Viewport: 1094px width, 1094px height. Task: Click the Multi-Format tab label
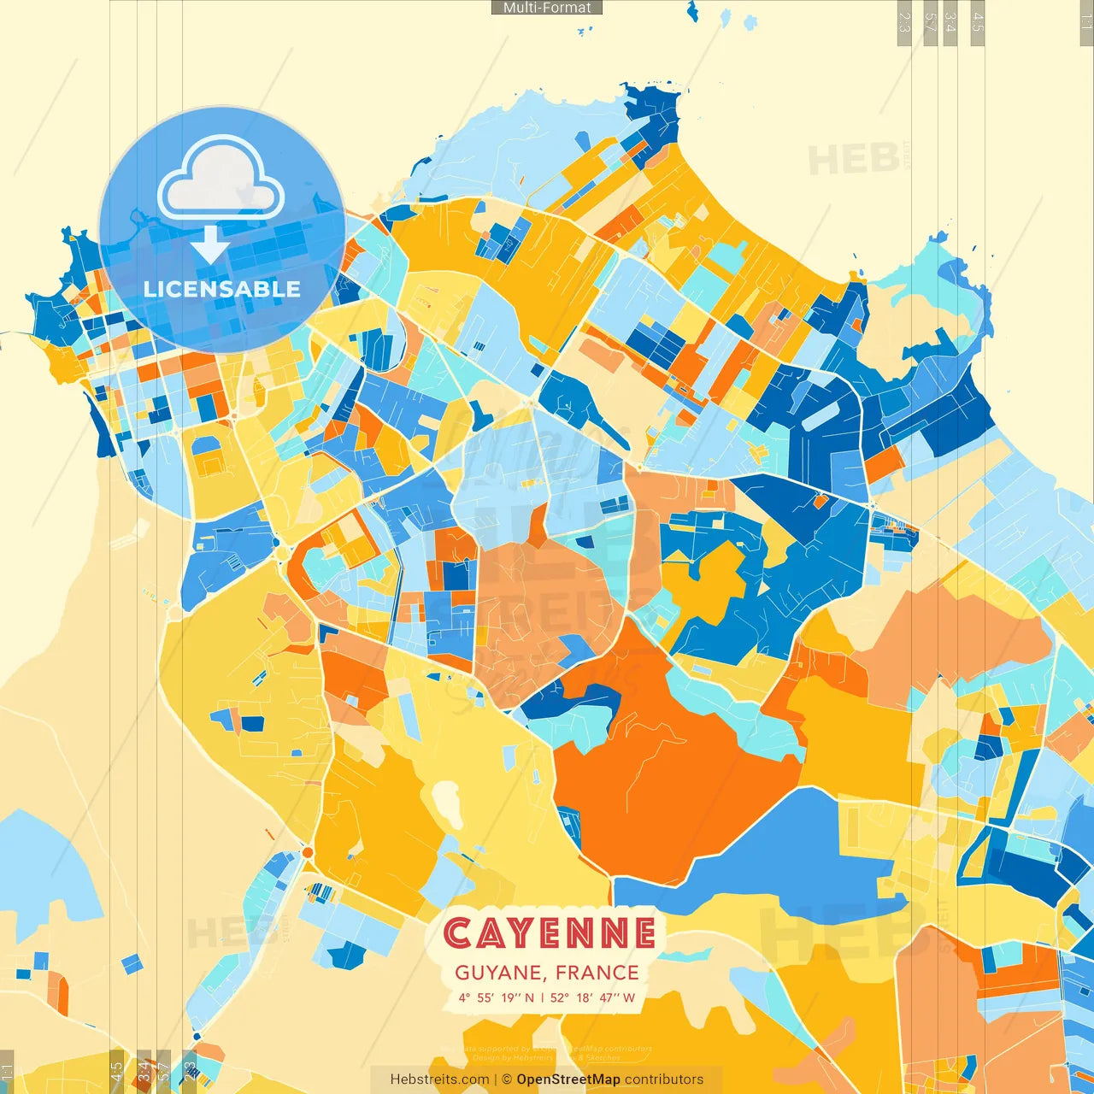coord(547,8)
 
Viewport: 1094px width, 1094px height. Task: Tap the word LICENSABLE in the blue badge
coord(222,289)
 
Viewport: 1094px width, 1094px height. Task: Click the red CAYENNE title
coord(549,933)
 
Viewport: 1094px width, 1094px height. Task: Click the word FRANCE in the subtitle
coord(597,973)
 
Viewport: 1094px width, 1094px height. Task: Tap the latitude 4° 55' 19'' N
coord(496,997)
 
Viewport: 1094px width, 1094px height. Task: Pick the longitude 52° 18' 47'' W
coord(593,997)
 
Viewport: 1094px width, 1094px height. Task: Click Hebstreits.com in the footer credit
coord(439,1079)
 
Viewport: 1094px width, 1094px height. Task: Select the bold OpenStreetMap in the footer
coord(568,1079)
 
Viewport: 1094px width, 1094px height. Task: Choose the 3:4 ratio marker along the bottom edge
coord(144,1070)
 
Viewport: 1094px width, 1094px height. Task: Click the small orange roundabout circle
coord(308,853)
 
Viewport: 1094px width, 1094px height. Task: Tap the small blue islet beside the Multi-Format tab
coord(691,11)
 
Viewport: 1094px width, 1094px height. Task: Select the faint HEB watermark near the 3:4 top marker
coord(855,159)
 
